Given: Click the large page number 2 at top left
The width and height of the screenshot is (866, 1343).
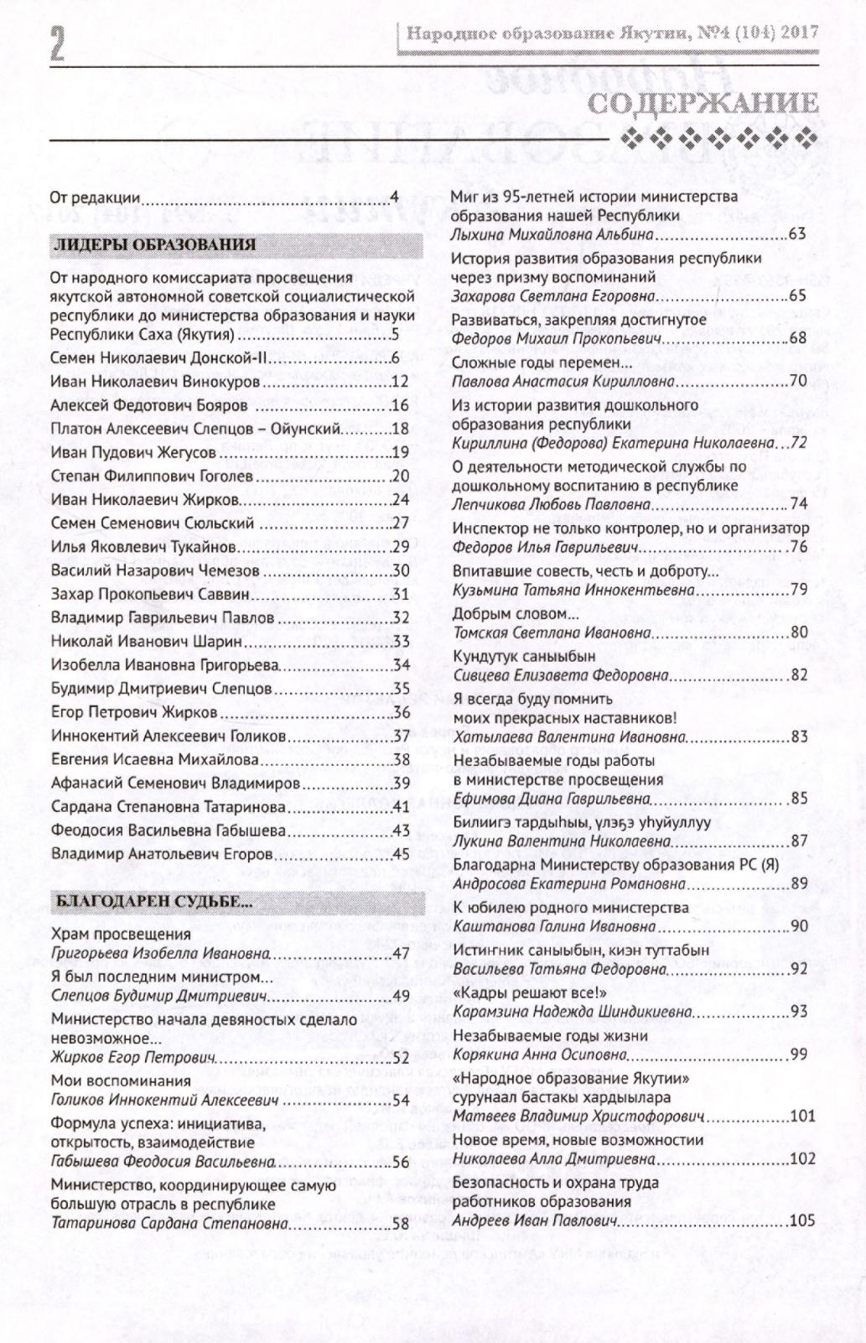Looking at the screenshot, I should click(x=56, y=43).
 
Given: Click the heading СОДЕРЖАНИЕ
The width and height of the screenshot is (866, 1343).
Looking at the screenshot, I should click(x=703, y=103).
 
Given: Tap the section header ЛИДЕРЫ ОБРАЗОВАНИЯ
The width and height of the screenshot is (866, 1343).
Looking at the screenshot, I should click(x=154, y=245).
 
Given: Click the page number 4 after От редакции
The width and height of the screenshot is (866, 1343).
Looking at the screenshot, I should click(x=394, y=198).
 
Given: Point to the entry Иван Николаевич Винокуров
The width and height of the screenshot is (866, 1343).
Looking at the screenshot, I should click(x=156, y=382).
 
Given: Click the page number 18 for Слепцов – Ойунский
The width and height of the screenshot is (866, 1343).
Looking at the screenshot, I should click(x=400, y=429).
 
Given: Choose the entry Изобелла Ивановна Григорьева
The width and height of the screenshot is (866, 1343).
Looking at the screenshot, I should click(x=164, y=665).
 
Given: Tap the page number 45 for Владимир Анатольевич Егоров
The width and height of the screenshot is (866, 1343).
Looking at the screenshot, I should click(x=400, y=854).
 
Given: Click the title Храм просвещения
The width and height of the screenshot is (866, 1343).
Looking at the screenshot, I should click(x=121, y=934).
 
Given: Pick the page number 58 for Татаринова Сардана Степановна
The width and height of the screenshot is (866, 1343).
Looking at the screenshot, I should click(x=400, y=1223).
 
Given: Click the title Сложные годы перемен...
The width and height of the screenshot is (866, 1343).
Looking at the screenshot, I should click(x=542, y=362).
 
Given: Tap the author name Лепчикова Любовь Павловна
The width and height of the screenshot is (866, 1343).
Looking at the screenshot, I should click(x=552, y=504).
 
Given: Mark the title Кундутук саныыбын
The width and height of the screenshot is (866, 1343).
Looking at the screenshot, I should click(x=524, y=655).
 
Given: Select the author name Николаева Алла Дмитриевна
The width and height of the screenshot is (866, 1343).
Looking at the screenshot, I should click(x=553, y=1159).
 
